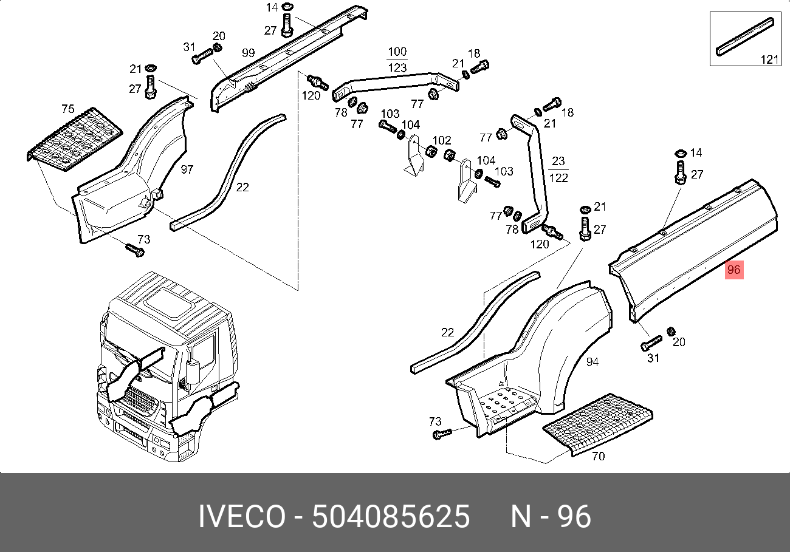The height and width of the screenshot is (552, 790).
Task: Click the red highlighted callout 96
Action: coord(733,270)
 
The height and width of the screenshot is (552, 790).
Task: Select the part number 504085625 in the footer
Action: coord(391,517)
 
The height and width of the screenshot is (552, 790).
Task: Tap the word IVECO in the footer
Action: coord(241,517)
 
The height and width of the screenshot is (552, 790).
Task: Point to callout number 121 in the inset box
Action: coord(769,60)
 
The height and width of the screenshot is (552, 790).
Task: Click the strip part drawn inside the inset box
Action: coord(745,37)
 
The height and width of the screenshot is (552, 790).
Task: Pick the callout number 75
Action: coord(68,109)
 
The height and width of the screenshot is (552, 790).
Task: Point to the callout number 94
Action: coord(592,362)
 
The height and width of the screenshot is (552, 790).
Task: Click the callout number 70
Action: coord(598,456)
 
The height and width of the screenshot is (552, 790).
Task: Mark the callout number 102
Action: coord(441,140)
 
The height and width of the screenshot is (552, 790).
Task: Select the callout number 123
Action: coord(397,67)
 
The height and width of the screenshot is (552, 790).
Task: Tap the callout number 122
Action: coord(558,177)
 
